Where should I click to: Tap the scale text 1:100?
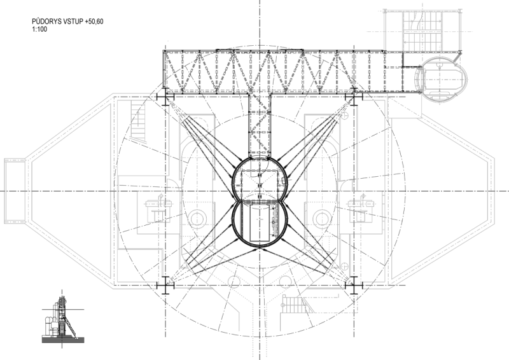[39, 29]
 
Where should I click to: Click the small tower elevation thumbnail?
[63, 319]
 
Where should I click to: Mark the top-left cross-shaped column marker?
[165, 97]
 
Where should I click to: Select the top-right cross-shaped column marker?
[354, 97]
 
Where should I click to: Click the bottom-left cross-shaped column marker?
[165, 286]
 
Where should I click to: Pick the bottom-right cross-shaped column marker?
[354, 286]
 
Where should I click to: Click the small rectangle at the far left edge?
[15, 191]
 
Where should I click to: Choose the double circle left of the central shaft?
[197, 218]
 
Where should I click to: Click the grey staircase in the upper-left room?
[138, 121]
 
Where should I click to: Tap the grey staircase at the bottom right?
[295, 304]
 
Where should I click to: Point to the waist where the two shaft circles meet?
[260, 201]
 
